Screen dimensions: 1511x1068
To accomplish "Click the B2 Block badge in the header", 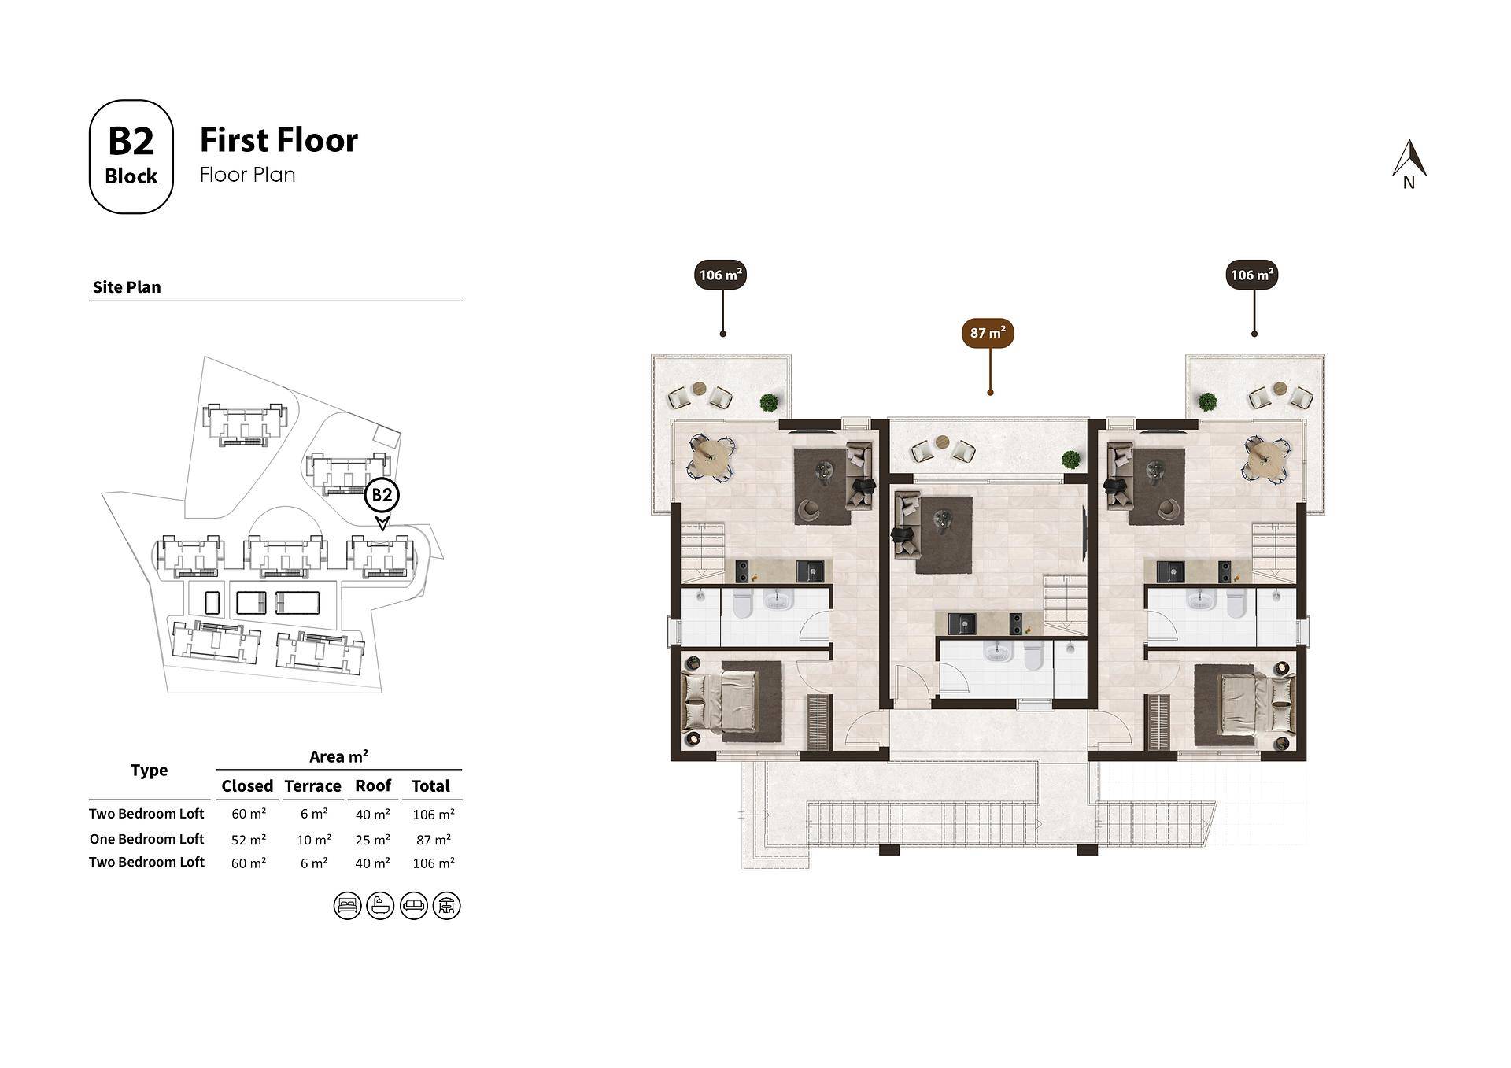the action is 131,157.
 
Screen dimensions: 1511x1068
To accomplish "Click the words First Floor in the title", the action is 279,140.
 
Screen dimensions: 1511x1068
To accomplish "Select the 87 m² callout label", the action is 988,333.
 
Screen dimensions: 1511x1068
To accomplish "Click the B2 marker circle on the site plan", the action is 382,495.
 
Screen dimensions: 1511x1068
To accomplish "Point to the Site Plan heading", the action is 127,287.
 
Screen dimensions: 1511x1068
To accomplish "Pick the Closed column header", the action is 247,785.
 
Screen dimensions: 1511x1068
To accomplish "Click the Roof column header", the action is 373,785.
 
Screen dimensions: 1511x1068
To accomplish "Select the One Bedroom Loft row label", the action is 146,839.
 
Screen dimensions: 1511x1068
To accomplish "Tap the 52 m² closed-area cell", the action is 249,840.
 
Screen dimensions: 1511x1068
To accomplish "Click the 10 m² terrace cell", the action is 314,840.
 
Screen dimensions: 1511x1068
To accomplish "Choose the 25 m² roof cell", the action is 373,840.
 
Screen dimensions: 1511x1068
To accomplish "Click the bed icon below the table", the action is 347,906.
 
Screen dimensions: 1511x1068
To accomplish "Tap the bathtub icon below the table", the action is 380,906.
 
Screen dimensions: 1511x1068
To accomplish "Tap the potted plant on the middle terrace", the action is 1070,458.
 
